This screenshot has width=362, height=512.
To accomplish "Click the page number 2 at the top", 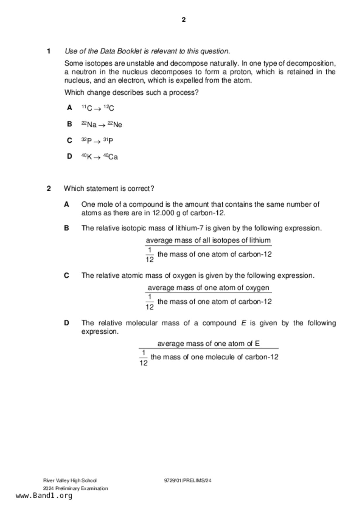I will point(183,20).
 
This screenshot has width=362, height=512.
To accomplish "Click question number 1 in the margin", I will point(49,51).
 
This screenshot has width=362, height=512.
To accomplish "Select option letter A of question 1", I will point(69,108).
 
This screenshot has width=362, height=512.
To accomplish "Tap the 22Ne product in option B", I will point(115,125).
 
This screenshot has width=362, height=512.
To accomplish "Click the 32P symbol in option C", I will point(86,141).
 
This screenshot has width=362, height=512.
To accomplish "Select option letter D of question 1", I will point(69,156).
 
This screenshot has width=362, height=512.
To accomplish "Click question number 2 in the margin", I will point(49,189).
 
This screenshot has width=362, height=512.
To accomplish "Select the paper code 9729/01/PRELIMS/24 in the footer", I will point(188,480).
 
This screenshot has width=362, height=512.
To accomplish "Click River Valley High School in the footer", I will point(70,480).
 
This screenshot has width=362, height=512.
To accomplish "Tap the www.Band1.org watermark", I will point(44,496).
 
